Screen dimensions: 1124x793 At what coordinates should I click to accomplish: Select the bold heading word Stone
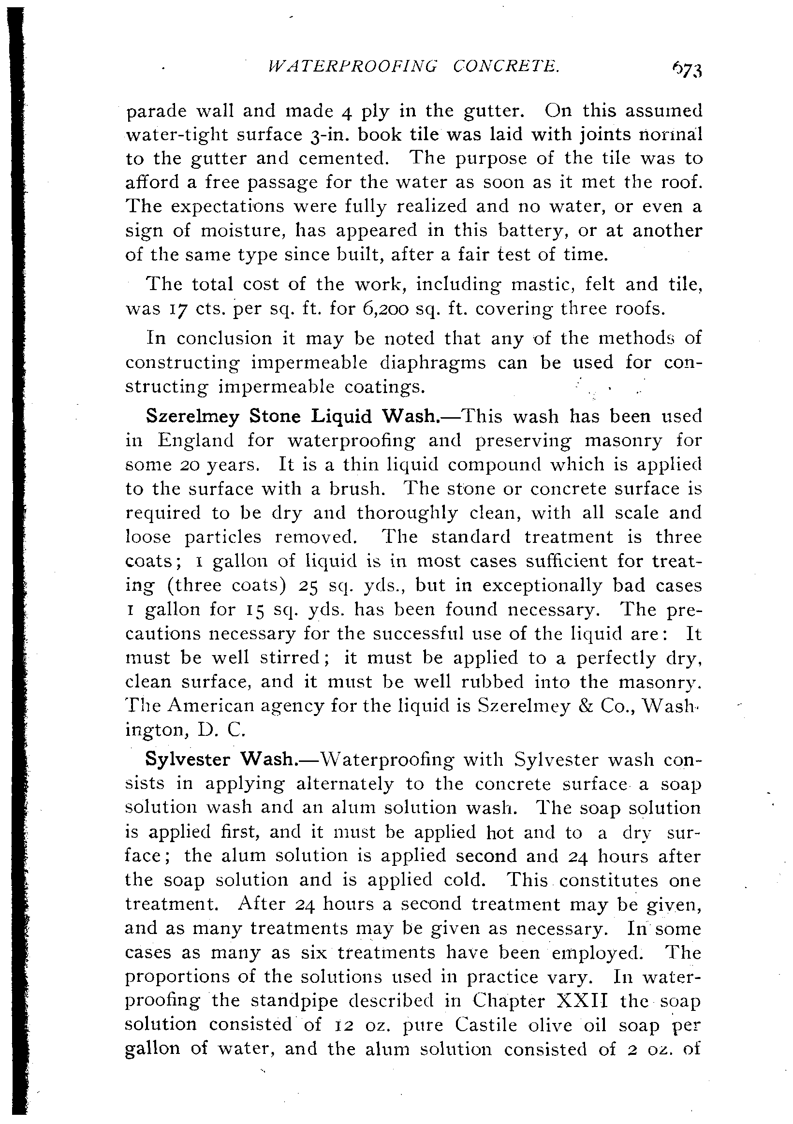point(275,417)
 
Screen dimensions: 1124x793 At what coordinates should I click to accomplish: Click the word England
point(195,441)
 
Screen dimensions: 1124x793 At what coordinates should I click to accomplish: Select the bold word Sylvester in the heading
point(188,760)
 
